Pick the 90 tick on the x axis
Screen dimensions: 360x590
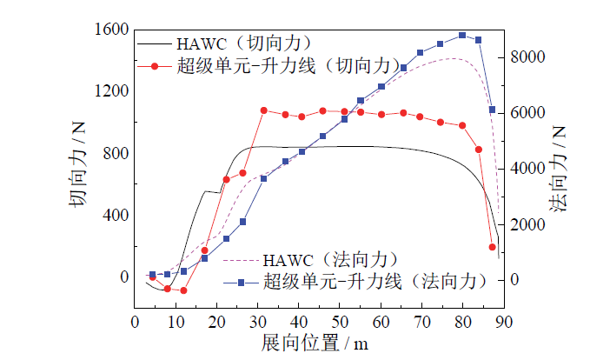tap(503, 322)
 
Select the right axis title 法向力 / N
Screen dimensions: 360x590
tap(560, 169)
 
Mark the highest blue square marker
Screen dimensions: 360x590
tap(462, 36)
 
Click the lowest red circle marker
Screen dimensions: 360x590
tap(183, 290)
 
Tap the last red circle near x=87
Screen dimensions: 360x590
tap(492, 248)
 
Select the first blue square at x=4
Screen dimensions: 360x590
tap(152, 275)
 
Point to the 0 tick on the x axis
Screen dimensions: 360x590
tap(134, 322)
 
